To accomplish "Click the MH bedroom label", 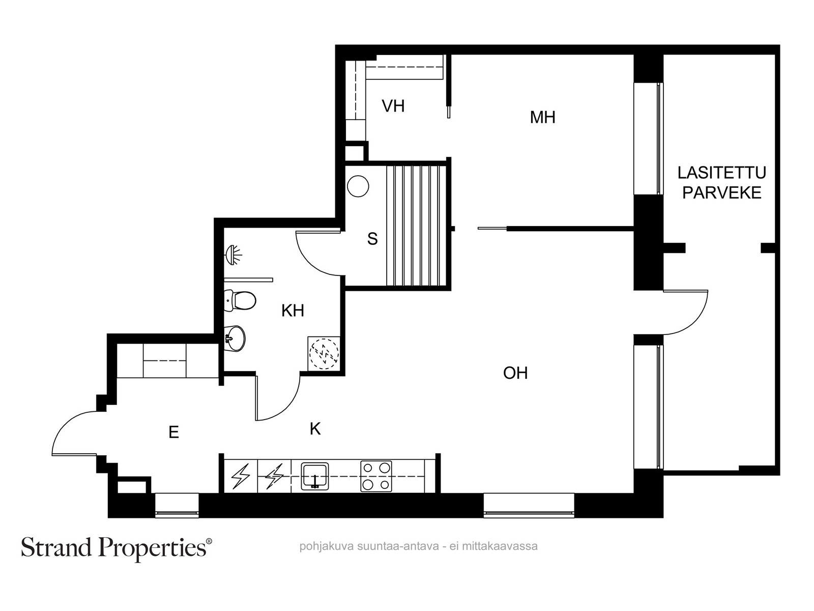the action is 542,117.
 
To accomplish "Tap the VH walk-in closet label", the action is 393,106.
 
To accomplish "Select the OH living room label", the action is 515,373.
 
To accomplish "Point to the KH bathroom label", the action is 293,311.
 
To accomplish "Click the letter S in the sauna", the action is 372,238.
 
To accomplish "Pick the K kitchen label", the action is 315,429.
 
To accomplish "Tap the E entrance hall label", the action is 173,432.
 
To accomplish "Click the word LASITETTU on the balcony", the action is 721,173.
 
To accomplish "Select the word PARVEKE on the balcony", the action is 721,192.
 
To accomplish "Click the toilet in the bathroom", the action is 240,300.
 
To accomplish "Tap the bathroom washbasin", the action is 235,338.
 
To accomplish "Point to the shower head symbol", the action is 233,255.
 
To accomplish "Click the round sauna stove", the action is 358,186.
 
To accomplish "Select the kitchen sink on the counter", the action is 314,476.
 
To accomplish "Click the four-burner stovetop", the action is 376,476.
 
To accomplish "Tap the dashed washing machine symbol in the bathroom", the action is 324,353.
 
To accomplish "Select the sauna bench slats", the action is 416,226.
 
